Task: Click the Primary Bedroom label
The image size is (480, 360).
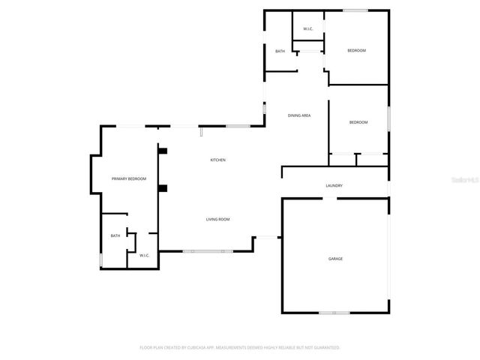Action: point(128,178)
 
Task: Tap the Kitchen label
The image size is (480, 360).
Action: point(217,160)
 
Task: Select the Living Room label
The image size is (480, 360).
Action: point(217,219)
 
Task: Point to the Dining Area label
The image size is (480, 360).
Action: point(300,115)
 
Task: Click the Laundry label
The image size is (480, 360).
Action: point(334,185)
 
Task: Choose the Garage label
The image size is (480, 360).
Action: point(335,259)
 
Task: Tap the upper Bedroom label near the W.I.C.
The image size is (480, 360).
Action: point(356,50)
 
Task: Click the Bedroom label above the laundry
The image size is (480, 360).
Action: point(358,122)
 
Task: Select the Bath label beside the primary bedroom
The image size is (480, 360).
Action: point(115,235)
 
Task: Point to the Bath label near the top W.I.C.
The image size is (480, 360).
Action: point(280,51)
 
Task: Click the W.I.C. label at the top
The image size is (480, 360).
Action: point(307,28)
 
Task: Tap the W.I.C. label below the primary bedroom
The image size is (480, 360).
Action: point(144,256)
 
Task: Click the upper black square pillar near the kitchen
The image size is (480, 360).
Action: point(162,150)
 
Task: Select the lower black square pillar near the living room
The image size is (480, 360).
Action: point(162,188)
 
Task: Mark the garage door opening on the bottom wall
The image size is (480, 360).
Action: point(334,312)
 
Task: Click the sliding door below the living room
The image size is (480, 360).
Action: point(208,251)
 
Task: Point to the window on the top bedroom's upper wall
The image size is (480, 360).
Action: point(355,10)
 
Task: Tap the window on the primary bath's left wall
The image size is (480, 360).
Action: point(100,259)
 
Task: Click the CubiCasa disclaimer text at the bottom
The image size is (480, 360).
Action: point(240,347)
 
